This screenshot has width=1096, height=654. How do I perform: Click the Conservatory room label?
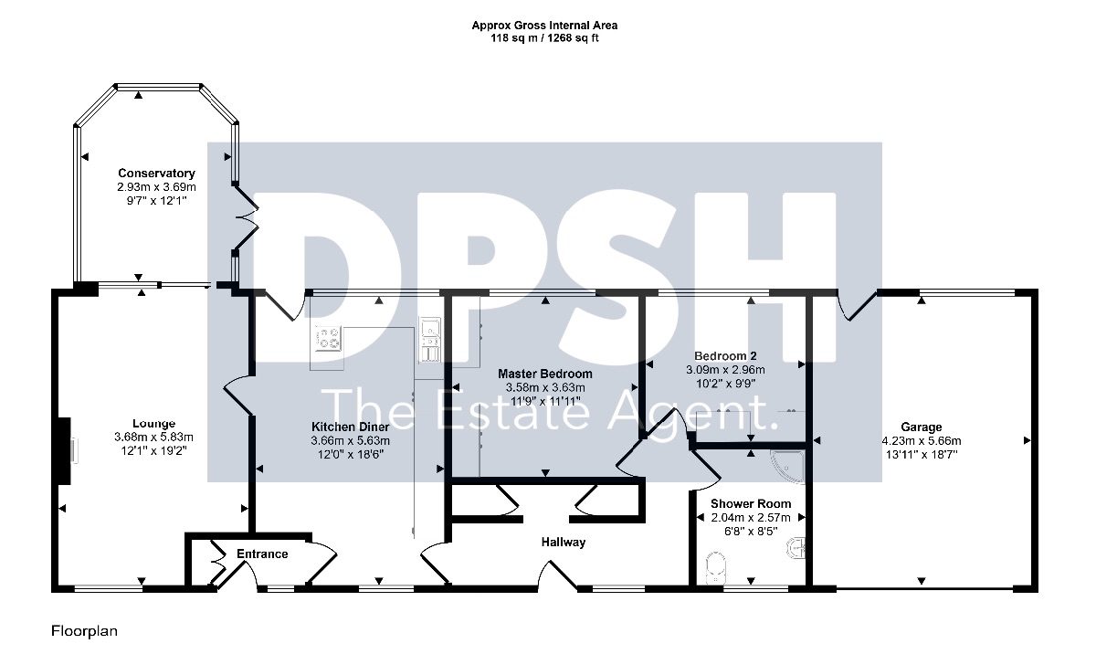(x=156, y=174)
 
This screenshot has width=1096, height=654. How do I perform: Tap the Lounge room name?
(x=153, y=424)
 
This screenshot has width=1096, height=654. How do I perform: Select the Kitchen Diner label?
(x=351, y=427)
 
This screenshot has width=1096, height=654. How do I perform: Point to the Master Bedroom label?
(x=545, y=374)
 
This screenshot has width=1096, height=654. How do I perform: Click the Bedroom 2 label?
(x=725, y=356)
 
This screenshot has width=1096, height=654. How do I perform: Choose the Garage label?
(x=922, y=427)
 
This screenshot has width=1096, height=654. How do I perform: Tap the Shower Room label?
(x=751, y=504)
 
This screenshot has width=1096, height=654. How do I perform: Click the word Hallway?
(x=564, y=542)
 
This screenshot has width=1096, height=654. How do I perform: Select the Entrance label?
(x=262, y=554)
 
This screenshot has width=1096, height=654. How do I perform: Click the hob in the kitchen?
(x=328, y=339)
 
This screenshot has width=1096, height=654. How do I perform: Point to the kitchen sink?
(x=429, y=340)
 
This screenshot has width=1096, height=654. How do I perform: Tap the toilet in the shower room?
(x=716, y=567)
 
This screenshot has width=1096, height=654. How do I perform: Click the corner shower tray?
(x=788, y=467)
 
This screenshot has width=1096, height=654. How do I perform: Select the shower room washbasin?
(x=796, y=548)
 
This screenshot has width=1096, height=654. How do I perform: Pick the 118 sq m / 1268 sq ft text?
(x=544, y=38)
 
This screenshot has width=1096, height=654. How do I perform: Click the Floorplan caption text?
(x=84, y=631)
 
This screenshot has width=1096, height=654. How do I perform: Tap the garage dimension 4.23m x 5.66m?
(x=922, y=441)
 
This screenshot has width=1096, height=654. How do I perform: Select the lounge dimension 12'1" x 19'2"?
(x=153, y=450)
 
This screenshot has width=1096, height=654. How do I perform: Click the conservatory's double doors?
(x=246, y=219)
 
